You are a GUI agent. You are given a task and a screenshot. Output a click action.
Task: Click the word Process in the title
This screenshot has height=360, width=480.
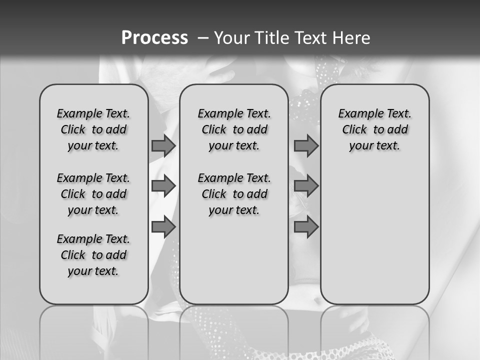(x=154, y=37)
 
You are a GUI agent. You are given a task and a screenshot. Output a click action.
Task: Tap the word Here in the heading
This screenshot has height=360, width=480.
(x=352, y=37)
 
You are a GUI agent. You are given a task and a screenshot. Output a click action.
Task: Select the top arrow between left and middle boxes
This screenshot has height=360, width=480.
(x=163, y=145)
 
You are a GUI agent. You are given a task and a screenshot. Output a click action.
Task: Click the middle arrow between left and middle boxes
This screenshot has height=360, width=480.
(x=163, y=186)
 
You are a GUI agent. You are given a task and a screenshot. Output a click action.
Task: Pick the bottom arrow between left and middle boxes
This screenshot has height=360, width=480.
(x=163, y=227)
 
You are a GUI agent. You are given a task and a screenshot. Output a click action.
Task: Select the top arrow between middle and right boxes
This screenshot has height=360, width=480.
(x=306, y=145)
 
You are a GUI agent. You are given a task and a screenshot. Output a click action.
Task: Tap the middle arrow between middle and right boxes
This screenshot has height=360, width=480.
(x=306, y=186)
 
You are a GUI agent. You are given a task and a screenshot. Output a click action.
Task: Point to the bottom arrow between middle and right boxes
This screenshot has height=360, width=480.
(x=306, y=227)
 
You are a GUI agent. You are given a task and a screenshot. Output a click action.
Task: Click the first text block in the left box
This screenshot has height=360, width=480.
(x=93, y=129)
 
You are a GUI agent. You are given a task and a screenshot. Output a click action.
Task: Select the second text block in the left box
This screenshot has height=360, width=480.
(x=93, y=194)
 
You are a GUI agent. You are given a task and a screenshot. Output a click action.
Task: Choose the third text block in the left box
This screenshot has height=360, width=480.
(x=93, y=255)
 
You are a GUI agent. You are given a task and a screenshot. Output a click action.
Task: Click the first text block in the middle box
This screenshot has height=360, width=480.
(x=234, y=129)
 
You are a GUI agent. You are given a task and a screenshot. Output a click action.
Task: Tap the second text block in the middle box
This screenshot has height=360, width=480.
(x=234, y=194)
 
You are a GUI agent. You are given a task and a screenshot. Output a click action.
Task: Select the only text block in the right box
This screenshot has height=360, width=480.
(x=374, y=129)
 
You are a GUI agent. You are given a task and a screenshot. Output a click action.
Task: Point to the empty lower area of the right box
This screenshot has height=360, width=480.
(x=374, y=235)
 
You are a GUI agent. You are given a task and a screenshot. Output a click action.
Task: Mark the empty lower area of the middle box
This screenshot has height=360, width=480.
(x=234, y=260)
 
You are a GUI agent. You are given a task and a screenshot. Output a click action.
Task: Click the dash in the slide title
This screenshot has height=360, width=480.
(x=203, y=37)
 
